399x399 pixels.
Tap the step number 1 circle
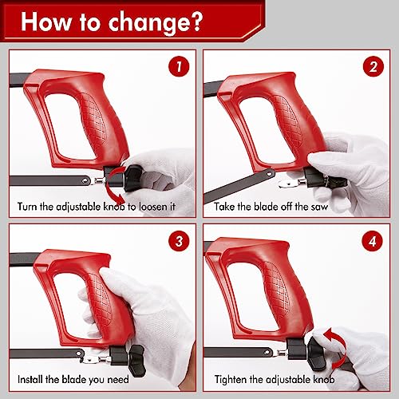tap(179, 66)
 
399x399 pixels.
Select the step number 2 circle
tap(373, 66)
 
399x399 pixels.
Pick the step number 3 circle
tap(179, 241)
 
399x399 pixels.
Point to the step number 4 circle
tap(373, 241)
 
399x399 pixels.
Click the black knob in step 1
tap(132, 178)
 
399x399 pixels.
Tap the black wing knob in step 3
tap(136, 361)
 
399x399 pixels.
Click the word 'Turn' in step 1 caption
tap(27, 207)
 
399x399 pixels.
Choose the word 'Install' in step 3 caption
tap(30, 379)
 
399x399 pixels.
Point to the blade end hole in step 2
tap(271, 173)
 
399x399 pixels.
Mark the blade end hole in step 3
tap(79, 354)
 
